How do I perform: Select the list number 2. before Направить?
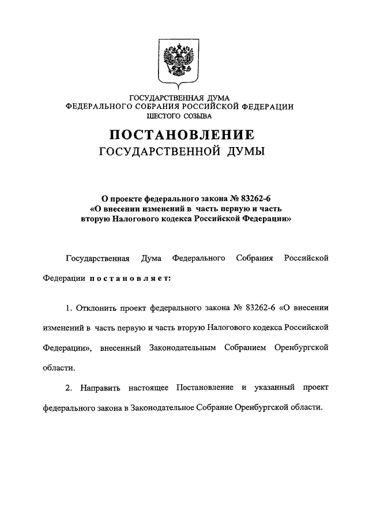click(x=69, y=387)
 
